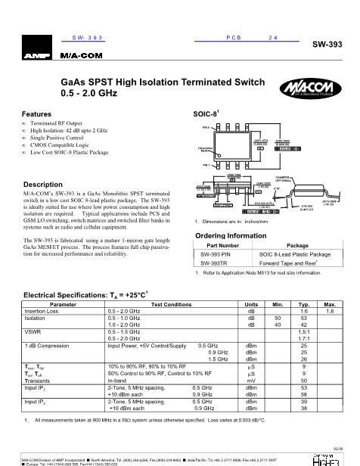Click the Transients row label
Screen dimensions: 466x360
coord(40,379)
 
